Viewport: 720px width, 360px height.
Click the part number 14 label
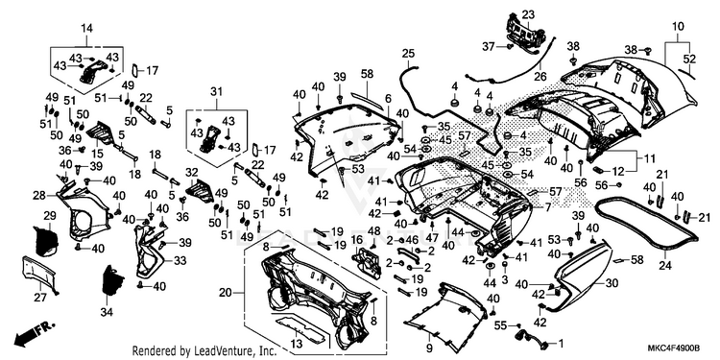pos(86,29)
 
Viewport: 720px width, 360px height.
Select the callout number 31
pos(216,91)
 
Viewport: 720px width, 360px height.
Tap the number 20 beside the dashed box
pos(225,293)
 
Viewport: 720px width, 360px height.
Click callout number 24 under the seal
pos(665,265)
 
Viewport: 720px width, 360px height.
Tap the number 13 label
pos(297,345)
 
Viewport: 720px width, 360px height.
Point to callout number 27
pos(40,298)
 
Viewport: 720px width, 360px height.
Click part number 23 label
pos(528,14)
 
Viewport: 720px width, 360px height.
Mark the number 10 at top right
pos(678,26)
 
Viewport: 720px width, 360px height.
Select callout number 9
pos(429,347)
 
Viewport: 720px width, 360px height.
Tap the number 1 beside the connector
pos(561,343)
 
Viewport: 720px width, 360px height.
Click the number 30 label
pos(612,283)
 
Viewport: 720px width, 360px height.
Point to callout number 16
pos(356,240)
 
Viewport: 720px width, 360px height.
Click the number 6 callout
pos(388,99)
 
